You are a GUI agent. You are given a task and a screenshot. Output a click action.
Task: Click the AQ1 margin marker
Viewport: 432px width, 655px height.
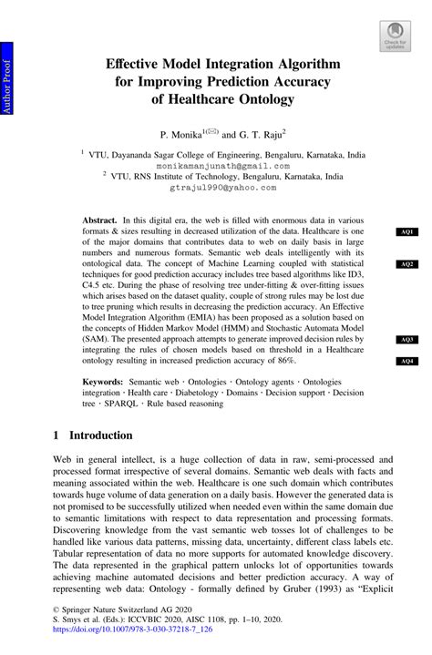point(406,232)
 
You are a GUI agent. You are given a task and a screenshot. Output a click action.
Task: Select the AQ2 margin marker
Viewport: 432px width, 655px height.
point(406,264)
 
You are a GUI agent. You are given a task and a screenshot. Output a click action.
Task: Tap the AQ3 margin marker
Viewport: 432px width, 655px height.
point(406,340)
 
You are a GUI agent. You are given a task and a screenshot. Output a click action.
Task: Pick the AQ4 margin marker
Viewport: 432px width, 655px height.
point(406,362)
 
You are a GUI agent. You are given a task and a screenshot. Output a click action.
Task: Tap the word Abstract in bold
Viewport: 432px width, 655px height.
point(99,221)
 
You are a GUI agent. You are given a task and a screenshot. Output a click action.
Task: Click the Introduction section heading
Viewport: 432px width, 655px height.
point(98,435)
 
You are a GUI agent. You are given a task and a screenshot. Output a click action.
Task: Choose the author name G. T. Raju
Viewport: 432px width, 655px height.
point(263,133)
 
